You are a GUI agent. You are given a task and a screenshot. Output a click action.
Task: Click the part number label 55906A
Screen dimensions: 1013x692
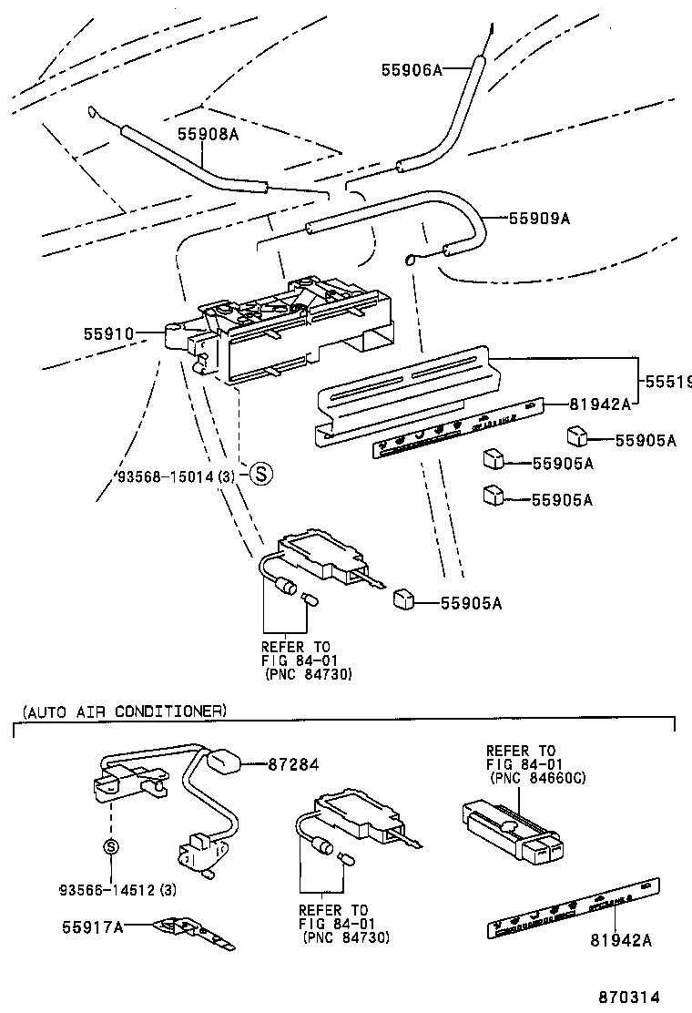pyautogui.click(x=411, y=69)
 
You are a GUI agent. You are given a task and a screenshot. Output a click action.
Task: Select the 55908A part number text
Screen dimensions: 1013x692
pyautogui.click(x=207, y=133)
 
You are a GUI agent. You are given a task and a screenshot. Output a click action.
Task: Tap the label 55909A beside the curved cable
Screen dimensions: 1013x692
pyautogui.click(x=539, y=219)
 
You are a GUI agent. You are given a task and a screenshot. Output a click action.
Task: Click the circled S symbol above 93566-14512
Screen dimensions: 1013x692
pyautogui.click(x=110, y=847)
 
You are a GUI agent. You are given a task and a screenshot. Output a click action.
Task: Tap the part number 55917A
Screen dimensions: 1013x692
pyautogui.click(x=92, y=927)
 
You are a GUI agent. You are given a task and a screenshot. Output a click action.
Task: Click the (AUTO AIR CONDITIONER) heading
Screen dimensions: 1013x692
pyautogui.click(x=123, y=711)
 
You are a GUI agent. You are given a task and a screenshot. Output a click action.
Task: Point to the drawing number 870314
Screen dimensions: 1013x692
pyautogui.click(x=628, y=998)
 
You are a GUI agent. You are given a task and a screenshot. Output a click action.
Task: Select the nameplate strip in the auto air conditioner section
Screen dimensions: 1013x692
pyautogui.click(x=574, y=906)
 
